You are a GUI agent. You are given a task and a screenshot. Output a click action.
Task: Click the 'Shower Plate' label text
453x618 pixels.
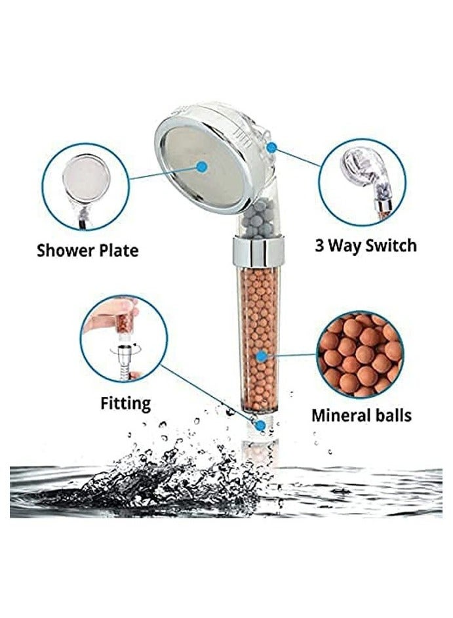[x=88, y=250]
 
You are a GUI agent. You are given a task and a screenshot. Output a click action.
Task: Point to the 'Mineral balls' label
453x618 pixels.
[x=361, y=415]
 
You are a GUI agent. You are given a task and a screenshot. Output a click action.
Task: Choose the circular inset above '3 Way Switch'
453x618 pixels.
[x=362, y=182]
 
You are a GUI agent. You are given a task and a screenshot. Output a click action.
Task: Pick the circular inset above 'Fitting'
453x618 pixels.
[x=124, y=339]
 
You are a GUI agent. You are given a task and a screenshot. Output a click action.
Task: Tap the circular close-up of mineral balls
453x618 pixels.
[x=360, y=354]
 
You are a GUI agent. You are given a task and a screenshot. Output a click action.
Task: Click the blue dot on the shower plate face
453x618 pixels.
[x=203, y=167]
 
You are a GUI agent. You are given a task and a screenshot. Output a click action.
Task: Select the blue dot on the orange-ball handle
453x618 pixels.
[x=261, y=356]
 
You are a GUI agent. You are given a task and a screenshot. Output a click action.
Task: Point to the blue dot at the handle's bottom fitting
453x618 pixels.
[x=261, y=425]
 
